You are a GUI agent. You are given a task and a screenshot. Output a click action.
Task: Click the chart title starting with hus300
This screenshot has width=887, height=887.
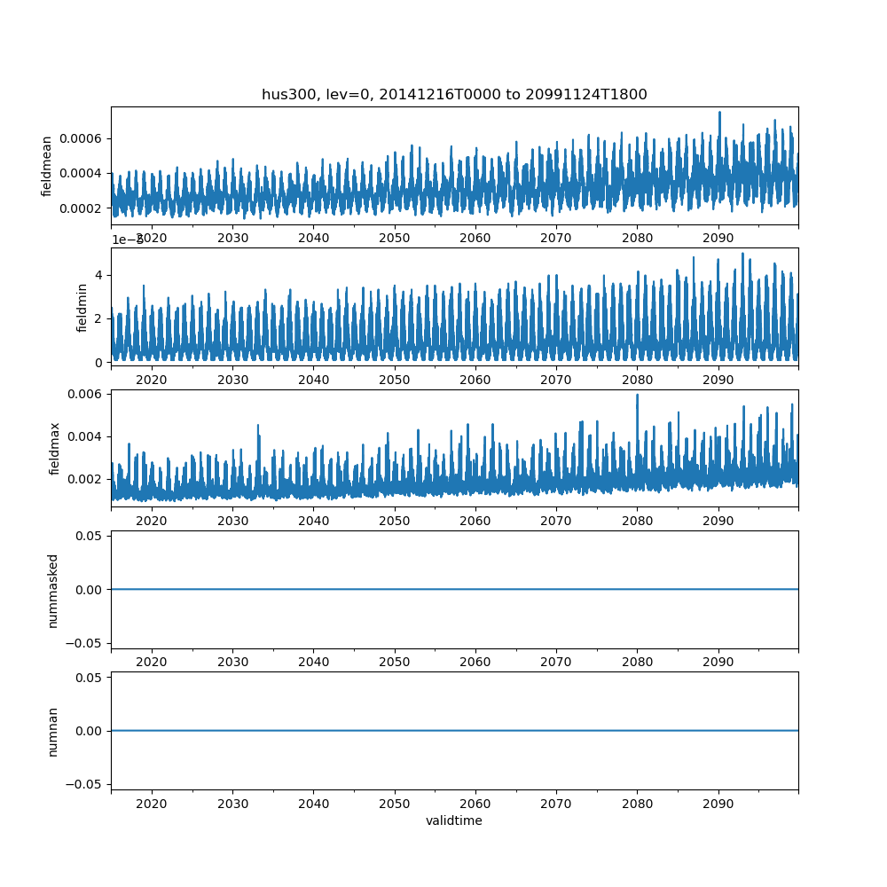454,94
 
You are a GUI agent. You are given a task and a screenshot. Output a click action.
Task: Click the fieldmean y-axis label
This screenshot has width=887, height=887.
47,166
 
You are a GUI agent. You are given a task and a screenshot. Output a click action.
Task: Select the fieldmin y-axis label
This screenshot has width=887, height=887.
82,308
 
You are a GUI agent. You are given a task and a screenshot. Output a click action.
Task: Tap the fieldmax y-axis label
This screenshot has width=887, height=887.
56,449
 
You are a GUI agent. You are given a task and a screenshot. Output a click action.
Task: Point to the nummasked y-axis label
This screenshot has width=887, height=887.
52,590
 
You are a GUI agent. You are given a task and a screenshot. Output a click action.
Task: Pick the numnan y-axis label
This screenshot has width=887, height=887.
52,731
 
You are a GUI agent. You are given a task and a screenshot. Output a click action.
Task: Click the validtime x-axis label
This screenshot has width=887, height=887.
454,820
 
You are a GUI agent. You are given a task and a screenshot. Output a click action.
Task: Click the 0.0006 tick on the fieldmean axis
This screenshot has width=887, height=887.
82,138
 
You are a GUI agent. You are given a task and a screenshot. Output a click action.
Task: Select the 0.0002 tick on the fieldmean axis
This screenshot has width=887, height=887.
82,208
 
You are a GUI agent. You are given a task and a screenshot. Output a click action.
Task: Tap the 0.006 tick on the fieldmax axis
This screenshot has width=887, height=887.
87,394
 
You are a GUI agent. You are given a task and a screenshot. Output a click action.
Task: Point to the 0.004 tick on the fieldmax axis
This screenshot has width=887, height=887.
87,436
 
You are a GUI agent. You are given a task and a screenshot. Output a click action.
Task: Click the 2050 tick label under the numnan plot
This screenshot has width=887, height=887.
395,803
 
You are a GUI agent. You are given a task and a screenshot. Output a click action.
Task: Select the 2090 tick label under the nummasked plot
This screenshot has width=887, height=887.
718,662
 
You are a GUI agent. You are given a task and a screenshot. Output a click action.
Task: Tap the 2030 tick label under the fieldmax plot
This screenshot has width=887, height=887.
232,521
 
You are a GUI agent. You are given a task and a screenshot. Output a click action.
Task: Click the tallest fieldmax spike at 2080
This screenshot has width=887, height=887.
637,396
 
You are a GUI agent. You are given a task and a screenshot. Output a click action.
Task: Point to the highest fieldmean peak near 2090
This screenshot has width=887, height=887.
719,113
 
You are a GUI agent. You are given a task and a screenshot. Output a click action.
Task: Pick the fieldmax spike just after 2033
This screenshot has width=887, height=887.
258,426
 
